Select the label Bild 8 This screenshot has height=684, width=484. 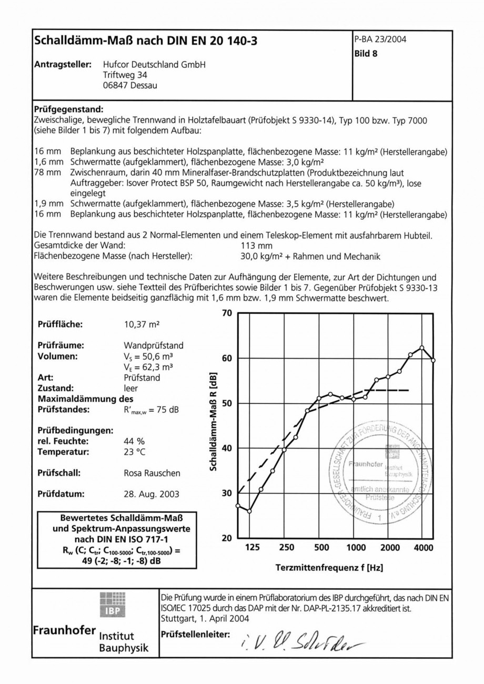coord(367,53)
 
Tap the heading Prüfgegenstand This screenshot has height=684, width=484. coord(69,110)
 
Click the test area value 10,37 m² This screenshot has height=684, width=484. coord(142,324)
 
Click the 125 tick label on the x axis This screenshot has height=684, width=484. coord(253,548)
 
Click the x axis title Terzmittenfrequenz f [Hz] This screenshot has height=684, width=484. coord(329,568)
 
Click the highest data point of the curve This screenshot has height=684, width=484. coord(422,348)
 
